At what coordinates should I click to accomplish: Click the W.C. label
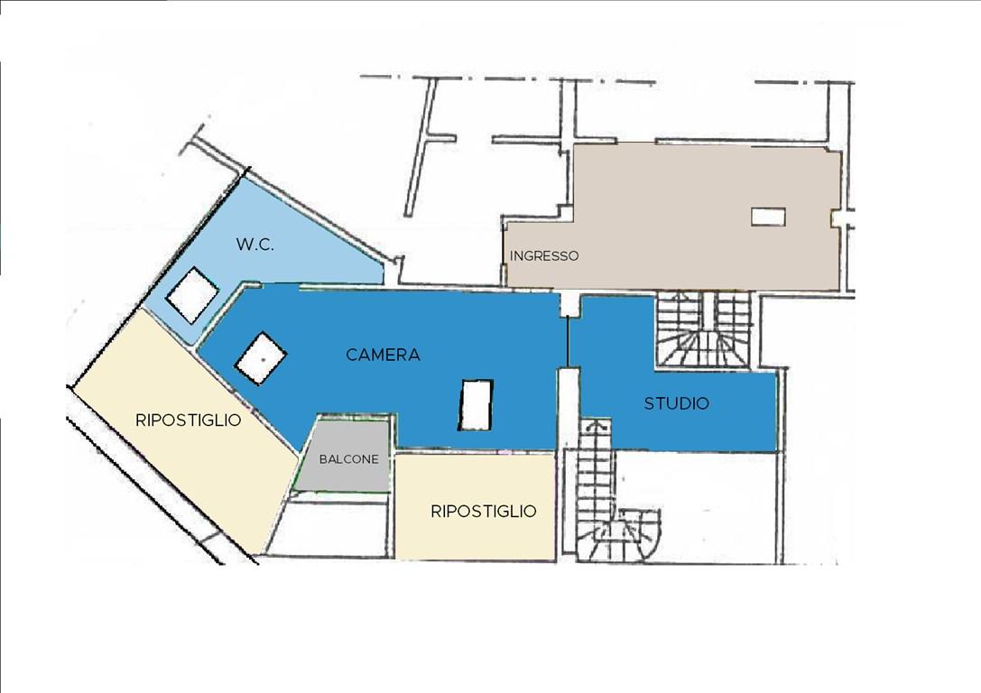coord(255,244)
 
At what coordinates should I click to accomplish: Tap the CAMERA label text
coord(383,355)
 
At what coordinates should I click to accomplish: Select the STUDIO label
coord(676,403)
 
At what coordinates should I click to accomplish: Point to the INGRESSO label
coord(543,255)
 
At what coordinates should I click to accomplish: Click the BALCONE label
coord(348,459)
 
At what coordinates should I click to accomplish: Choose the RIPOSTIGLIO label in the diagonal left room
coord(189,420)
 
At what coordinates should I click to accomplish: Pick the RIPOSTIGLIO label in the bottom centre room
coord(484,511)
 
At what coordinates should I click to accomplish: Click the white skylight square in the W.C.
coord(192,294)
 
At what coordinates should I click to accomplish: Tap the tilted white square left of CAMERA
coord(261,358)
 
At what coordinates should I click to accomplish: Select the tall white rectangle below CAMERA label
coord(477,404)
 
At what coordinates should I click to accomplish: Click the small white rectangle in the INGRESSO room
coord(768,217)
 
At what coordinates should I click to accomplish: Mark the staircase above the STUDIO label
coord(703,329)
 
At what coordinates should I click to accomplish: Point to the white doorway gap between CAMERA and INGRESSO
coord(569,304)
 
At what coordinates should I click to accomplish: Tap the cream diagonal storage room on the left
coord(185,431)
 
